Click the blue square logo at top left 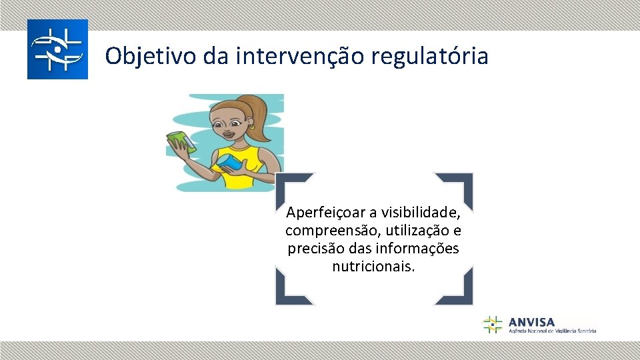pyautogui.click(x=57, y=49)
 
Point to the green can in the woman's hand pyautogui.click(x=179, y=141)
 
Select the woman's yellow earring pyautogui.click(x=252, y=126)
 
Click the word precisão pyautogui.click(x=313, y=249)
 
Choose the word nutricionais pyautogui.click(x=373, y=267)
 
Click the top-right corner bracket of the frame pyautogui.click(x=460, y=185)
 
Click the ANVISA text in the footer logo pyautogui.click(x=531, y=322)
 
